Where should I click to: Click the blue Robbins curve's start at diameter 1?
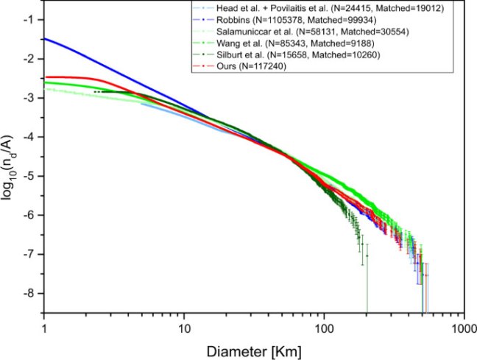pyautogui.click(x=46, y=39)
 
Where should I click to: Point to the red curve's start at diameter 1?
pyautogui.click(x=46, y=77)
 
